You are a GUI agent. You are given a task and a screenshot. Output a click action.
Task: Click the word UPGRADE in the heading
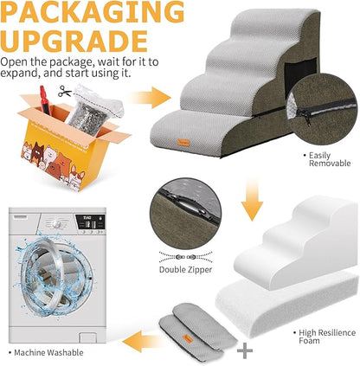click(73, 42)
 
